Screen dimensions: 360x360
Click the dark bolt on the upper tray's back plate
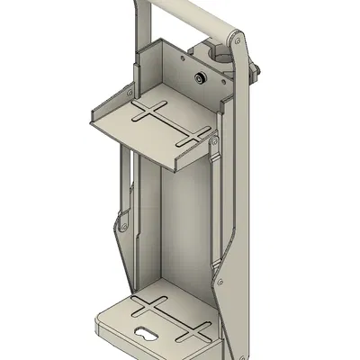click(x=199, y=79)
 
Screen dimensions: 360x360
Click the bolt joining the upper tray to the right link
click(x=215, y=141)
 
